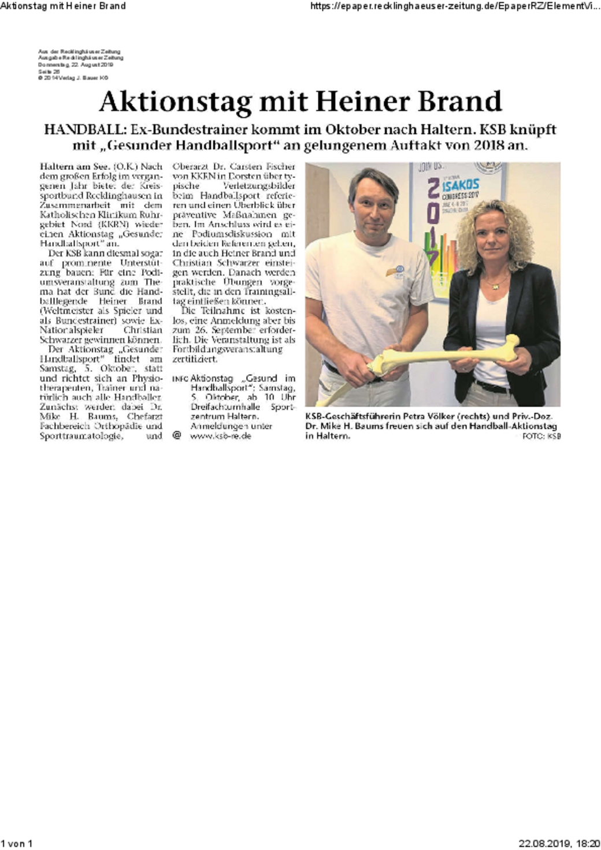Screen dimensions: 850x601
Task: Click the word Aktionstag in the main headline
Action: point(175,102)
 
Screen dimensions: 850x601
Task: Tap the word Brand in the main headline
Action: point(459,101)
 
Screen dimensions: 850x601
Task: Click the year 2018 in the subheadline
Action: point(491,145)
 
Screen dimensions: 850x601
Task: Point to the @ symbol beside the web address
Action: point(177,435)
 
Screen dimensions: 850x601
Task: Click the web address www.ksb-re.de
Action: point(220,436)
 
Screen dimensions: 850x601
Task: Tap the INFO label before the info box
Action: point(180,379)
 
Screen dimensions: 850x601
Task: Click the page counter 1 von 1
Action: point(16,844)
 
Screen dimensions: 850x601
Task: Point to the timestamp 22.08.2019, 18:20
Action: point(559,844)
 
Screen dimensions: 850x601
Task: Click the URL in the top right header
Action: point(455,6)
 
